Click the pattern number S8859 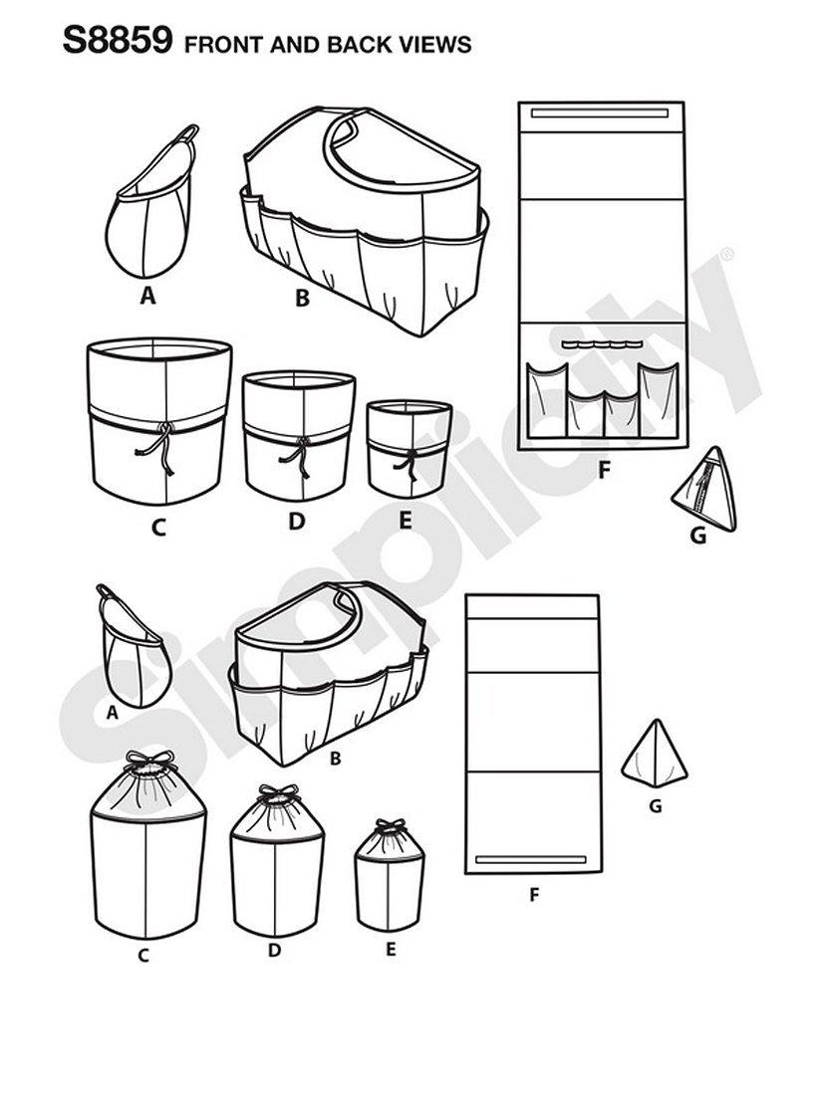[x=117, y=41]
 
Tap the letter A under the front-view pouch [x=146, y=296]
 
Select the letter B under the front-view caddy [x=302, y=299]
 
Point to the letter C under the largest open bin [x=158, y=528]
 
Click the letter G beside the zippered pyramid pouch [x=697, y=537]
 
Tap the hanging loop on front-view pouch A [x=186, y=133]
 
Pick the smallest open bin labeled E [x=410, y=448]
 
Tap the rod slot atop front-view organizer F [x=599, y=113]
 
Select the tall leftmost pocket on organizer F [x=546, y=400]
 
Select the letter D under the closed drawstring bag [x=275, y=951]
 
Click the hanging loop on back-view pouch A [x=107, y=593]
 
